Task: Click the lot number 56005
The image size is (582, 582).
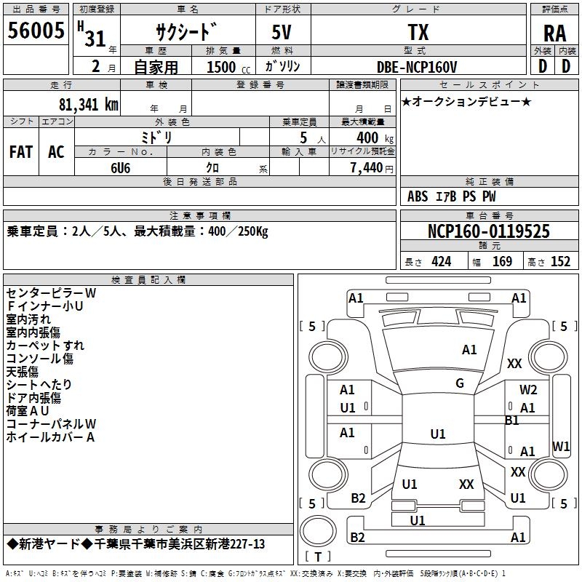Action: [x=36, y=31]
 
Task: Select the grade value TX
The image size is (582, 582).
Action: [x=418, y=32]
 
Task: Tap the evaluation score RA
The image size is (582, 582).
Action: [x=555, y=33]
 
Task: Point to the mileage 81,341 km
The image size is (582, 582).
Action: [x=89, y=105]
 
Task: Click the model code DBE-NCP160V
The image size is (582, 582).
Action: [x=417, y=67]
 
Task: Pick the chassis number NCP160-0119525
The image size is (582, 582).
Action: [x=488, y=231]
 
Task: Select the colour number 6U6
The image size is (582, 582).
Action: [x=120, y=168]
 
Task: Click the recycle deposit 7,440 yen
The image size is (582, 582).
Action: [x=372, y=168]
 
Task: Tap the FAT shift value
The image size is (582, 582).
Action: [x=21, y=152]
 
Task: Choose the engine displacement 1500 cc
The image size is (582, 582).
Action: [x=228, y=67]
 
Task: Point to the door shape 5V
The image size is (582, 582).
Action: [x=282, y=32]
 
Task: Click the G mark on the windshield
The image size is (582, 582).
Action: [x=460, y=383]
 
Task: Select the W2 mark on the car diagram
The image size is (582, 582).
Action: [x=528, y=390]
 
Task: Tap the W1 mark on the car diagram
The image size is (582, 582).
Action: [x=561, y=446]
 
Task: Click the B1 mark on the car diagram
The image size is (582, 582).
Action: [x=512, y=420]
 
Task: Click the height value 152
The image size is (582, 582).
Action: [x=560, y=262]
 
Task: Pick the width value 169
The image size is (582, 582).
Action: [x=502, y=262]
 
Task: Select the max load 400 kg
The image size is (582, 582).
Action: [x=375, y=138]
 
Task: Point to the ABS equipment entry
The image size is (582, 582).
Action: [x=418, y=196]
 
